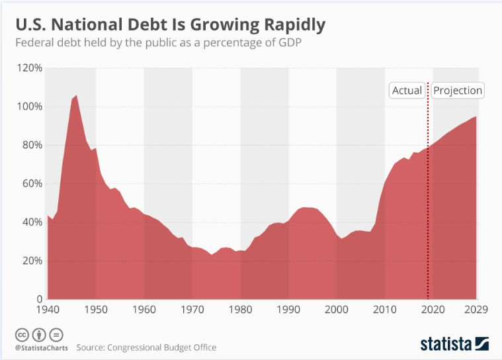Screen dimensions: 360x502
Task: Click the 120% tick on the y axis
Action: (x=29, y=68)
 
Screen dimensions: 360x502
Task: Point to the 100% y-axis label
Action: (x=29, y=107)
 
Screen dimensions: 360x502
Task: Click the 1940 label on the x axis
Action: (x=48, y=309)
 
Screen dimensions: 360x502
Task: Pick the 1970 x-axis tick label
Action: (x=192, y=309)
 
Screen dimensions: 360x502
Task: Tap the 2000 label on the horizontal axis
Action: (x=337, y=309)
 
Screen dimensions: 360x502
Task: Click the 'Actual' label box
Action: (x=407, y=91)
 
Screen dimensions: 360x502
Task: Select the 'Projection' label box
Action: (x=458, y=91)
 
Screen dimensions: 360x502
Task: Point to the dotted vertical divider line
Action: (x=429, y=199)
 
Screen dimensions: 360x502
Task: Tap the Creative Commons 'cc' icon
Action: (x=22, y=334)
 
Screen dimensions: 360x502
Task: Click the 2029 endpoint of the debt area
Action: (x=476, y=117)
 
